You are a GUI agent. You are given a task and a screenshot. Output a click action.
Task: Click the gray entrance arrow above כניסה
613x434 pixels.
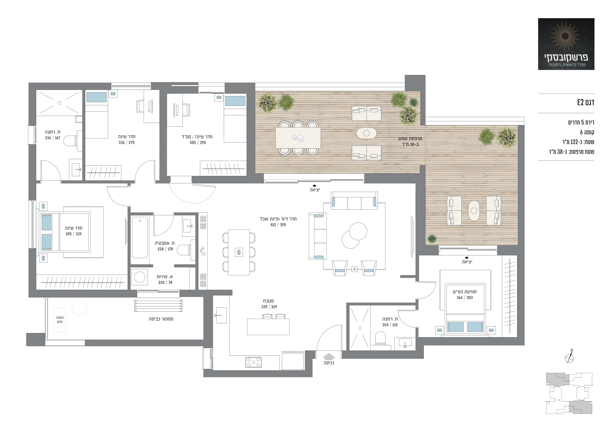click(x=329, y=357)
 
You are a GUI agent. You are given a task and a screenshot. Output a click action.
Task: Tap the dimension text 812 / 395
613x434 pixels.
click(x=278, y=225)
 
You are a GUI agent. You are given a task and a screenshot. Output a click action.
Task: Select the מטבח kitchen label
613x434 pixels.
click(x=268, y=301)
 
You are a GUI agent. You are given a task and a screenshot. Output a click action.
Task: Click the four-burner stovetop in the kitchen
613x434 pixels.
click(x=253, y=362)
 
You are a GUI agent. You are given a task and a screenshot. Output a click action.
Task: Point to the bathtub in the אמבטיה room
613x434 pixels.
click(x=140, y=237)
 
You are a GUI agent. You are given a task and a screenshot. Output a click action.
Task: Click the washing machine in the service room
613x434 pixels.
click(x=140, y=277)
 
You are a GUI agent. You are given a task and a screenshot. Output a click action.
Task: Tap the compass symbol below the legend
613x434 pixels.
click(x=569, y=357)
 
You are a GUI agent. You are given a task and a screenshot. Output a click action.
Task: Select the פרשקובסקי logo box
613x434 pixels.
click(x=566, y=44)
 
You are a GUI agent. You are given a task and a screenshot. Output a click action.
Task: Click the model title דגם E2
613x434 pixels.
click(x=585, y=102)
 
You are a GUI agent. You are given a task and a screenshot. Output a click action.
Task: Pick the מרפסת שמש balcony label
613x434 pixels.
click(x=410, y=139)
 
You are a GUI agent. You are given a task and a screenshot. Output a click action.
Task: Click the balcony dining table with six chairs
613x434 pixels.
click(x=298, y=138)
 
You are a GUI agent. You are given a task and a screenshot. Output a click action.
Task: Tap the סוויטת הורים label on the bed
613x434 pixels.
click(x=465, y=292)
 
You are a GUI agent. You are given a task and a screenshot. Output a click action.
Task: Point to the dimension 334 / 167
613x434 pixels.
click(x=53, y=138)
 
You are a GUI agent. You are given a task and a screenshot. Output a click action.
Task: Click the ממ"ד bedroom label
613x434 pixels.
click(x=197, y=137)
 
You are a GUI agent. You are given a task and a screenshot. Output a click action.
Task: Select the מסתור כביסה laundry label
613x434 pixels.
click(x=161, y=319)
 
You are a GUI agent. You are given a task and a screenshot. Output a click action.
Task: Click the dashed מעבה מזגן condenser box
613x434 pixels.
click(x=60, y=320)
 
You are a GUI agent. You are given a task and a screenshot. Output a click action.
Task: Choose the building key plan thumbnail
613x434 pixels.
click(x=569, y=393)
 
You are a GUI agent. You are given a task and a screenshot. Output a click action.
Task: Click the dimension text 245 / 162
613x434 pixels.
click(x=390, y=325)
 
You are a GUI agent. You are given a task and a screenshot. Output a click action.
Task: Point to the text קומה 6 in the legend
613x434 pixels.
click(x=587, y=132)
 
